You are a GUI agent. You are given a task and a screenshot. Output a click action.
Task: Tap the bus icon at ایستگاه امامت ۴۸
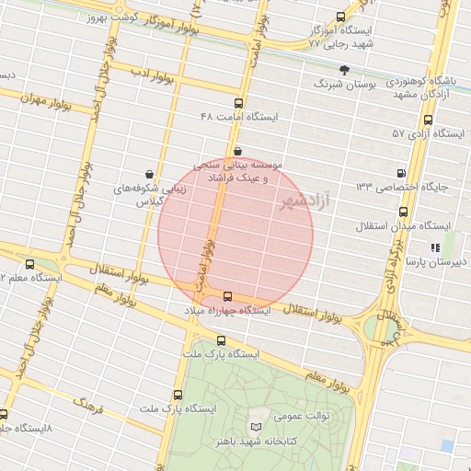(239, 104)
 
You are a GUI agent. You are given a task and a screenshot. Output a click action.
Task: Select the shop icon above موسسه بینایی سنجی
(238, 151)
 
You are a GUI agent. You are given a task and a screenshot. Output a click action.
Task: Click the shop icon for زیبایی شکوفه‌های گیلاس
(149, 173)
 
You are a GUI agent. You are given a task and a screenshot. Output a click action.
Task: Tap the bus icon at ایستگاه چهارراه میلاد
(227, 297)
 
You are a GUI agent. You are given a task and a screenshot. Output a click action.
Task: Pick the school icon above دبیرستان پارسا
(435, 247)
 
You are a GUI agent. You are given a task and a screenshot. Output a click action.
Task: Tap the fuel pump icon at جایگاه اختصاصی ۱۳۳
(400, 173)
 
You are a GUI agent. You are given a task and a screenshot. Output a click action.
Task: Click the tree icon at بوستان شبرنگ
(345, 69)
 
